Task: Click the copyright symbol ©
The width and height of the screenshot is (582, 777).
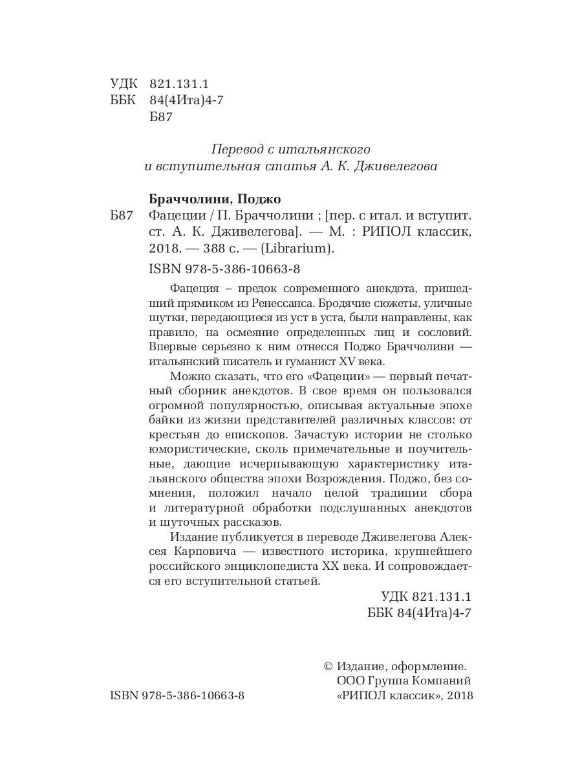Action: click(x=327, y=666)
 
